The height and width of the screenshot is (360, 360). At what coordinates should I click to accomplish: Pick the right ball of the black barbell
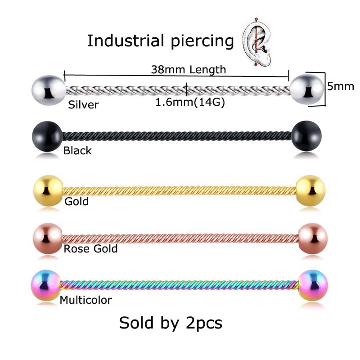307,135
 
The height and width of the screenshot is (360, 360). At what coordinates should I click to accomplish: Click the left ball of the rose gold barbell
48,237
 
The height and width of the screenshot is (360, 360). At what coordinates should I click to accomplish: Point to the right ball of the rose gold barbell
313,237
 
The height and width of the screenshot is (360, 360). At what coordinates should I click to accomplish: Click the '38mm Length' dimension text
189,69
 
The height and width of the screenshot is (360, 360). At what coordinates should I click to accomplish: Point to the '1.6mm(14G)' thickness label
190,102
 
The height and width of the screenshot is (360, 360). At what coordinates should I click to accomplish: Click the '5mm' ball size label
341,86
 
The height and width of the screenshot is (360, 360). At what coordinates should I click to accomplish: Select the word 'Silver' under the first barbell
83,105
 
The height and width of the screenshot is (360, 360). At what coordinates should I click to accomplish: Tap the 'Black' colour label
77,150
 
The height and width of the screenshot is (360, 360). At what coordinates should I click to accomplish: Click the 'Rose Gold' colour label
90,248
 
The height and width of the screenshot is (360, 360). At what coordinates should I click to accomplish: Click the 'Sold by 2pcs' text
171,323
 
